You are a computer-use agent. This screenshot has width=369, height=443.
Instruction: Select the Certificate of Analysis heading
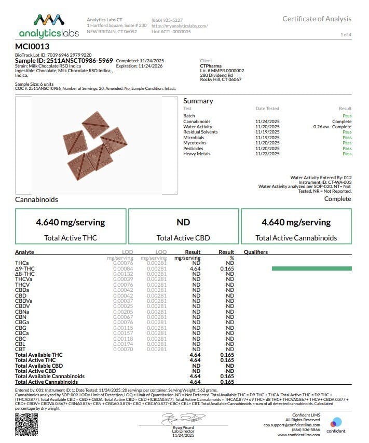pos(317,19)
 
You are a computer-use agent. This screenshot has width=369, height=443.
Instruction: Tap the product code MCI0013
pos(32,46)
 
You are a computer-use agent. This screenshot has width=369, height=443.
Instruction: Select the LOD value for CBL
pos(119,344)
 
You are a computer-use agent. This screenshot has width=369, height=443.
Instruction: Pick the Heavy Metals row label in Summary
pos(197,154)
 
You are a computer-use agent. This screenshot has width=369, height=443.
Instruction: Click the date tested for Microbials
pos(267,138)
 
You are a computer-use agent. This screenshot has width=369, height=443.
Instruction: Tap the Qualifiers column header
pos(256,252)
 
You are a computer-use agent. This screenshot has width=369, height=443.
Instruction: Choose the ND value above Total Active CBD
pos(183,222)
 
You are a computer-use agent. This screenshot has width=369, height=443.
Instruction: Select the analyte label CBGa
pos(22,323)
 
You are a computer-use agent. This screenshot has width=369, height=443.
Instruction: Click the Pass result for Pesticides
pos(347,149)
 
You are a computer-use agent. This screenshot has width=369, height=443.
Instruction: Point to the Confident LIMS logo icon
pos(336,422)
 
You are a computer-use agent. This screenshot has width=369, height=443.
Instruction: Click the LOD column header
pos(119,252)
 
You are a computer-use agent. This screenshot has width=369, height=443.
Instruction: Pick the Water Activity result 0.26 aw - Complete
pos(332,127)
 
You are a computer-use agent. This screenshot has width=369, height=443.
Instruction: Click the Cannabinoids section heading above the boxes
pos(37,199)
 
